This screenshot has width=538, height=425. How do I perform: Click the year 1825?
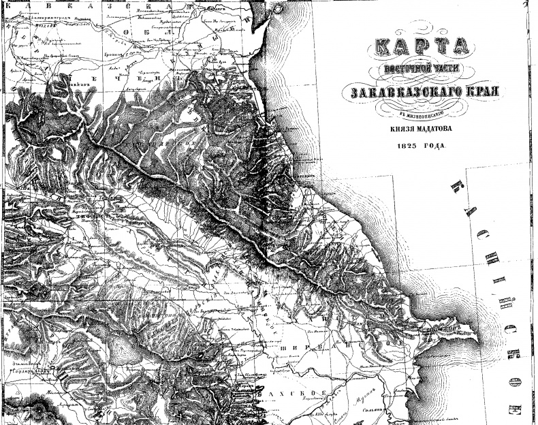pos(402,146)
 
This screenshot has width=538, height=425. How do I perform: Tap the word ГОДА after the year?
pos(430,146)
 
